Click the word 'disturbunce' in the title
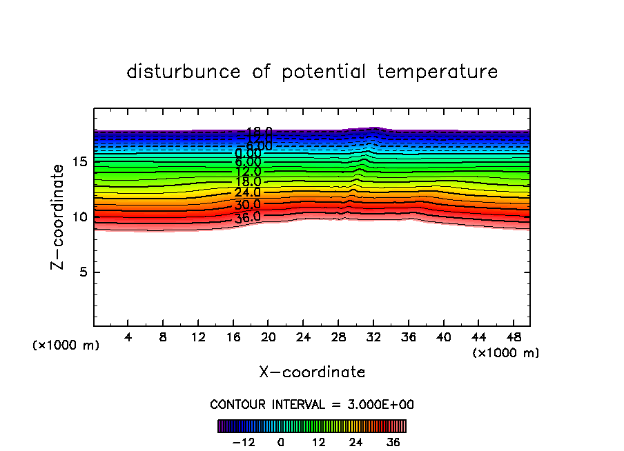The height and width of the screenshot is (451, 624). click(x=184, y=72)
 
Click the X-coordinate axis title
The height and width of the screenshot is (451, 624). click(x=312, y=372)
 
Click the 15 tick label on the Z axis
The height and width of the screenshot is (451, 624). click(x=79, y=162)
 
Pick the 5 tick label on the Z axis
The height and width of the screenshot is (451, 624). click(x=82, y=272)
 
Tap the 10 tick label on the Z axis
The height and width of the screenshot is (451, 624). click(x=79, y=217)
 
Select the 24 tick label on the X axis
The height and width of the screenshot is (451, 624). click(x=302, y=338)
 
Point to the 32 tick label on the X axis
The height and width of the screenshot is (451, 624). click(x=373, y=338)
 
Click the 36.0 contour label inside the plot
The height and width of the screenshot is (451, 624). click(x=248, y=217)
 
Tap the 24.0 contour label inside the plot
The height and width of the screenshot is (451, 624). click(x=248, y=193)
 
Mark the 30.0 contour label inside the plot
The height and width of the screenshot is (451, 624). click(x=248, y=205)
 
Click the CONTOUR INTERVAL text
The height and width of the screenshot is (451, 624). click(x=312, y=405)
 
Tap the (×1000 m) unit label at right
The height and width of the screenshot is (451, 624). click(x=506, y=353)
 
